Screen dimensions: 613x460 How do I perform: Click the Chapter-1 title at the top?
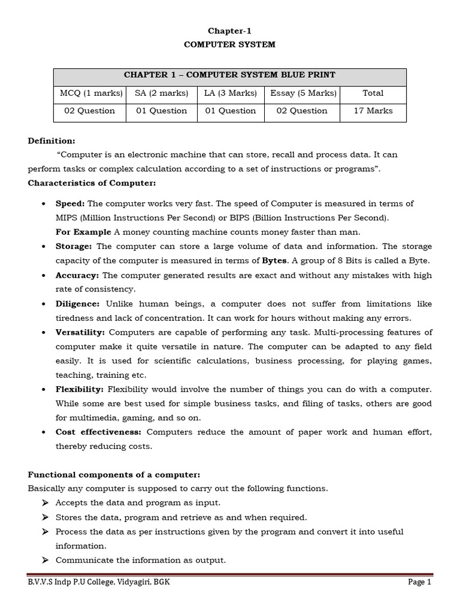point(230,31)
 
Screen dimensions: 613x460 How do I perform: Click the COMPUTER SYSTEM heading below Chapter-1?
point(230,44)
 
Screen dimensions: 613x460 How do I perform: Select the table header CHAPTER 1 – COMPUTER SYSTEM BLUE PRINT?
point(229,75)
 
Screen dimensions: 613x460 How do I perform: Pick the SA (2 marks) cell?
point(161,93)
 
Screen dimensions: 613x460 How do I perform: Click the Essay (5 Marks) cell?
point(303,93)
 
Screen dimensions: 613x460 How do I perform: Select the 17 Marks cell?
point(373,111)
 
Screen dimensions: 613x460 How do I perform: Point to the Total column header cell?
point(373,93)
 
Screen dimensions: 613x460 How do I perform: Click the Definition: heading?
point(52,141)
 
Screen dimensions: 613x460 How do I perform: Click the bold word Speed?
point(70,204)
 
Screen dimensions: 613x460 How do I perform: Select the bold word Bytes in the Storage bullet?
point(275,261)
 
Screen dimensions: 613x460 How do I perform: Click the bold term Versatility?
point(80,332)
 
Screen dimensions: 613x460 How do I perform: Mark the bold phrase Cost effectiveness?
point(98,432)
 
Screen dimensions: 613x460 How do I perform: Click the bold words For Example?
point(83,232)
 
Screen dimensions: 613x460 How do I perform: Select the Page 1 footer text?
point(419,582)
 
